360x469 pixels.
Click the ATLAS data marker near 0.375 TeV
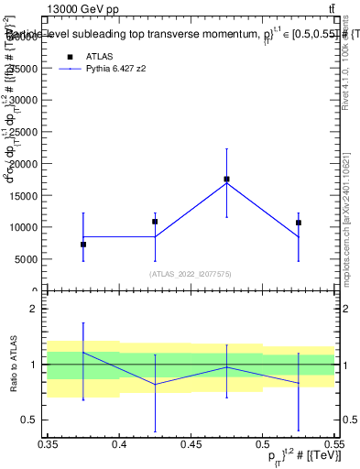click(83, 245)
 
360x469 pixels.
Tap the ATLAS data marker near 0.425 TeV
click(155, 222)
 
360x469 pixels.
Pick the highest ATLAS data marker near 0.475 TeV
click(226, 180)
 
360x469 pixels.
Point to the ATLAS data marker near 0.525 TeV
click(298, 223)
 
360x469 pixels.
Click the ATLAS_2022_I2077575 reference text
click(191, 274)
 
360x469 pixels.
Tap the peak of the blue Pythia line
click(226, 183)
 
